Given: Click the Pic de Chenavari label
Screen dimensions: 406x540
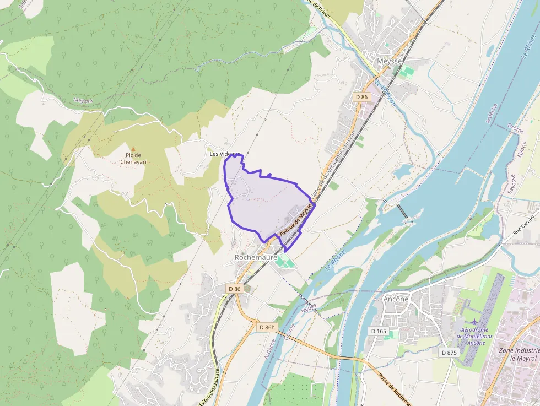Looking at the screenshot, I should tap(131, 159).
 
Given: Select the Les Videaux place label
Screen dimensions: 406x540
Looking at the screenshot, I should tap(223, 154).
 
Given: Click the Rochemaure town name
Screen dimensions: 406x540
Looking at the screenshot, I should tap(256, 257).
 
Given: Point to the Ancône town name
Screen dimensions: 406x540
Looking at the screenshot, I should tap(396, 299).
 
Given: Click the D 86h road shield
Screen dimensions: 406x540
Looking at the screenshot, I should tap(266, 327).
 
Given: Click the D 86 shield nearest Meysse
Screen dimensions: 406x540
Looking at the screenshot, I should tap(361, 97).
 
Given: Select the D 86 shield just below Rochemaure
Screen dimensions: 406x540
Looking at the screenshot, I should tap(234, 289).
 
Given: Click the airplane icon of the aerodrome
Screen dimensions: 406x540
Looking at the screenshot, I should tap(473, 321).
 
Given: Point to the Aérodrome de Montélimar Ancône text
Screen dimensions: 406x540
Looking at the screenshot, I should tap(473, 336).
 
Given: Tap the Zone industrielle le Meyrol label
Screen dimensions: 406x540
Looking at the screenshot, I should tap(518, 354).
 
